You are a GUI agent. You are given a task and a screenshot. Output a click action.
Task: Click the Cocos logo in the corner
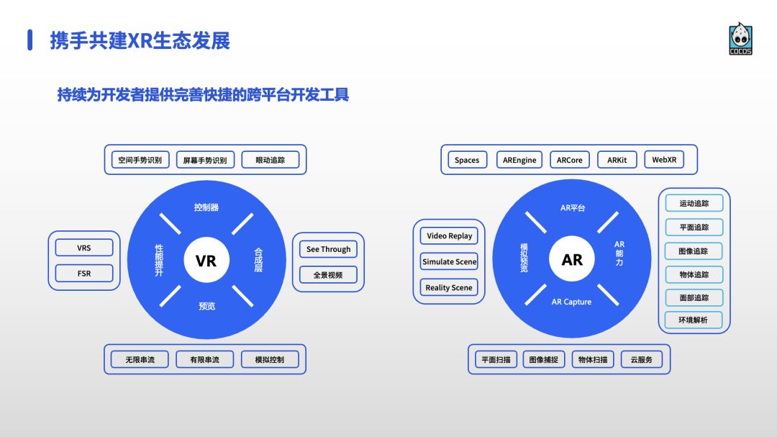coord(740,39)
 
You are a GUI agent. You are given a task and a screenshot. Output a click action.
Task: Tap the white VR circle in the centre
coord(206,260)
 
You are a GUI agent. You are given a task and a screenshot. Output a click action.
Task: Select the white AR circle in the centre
coord(572,260)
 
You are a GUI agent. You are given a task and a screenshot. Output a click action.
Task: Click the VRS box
coord(84,248)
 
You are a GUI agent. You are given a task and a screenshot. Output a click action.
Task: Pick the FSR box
coord(84,274)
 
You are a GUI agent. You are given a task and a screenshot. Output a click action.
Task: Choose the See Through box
coord(328,249)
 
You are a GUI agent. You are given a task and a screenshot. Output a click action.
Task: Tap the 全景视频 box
coord(328,274)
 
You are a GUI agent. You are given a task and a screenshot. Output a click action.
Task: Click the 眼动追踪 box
coord(270,160)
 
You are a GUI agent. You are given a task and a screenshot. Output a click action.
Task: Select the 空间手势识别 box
coord(140,160)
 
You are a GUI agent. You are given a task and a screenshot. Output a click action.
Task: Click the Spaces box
coord(467,160)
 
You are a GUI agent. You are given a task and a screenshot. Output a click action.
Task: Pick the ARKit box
coord(617,160)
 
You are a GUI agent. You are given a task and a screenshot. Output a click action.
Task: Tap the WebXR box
coord(664,160)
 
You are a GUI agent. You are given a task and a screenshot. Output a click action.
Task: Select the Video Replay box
coord(450,236)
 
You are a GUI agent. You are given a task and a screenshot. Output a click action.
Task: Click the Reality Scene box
coord(449,287)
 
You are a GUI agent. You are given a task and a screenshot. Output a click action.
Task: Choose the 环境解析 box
coord(694,320)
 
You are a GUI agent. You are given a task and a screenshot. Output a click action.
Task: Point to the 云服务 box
coord(641,359)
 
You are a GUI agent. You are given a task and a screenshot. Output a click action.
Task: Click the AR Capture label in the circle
coord(571,302)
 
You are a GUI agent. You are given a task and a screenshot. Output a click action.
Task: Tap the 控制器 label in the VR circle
coord(206,207)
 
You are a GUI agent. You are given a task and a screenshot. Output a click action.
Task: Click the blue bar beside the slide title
coord(30,40)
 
